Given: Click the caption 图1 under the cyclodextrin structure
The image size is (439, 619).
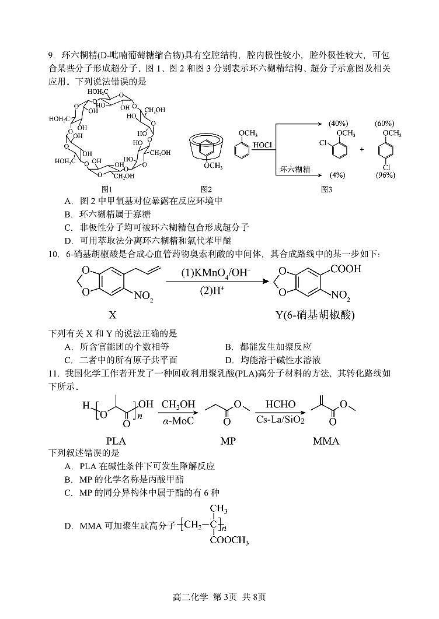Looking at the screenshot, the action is coord(106,189).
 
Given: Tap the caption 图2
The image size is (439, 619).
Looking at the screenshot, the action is coord(206,189).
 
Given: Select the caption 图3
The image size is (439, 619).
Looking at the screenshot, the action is coord(326,189).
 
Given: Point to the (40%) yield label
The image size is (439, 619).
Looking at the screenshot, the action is coord(338,124).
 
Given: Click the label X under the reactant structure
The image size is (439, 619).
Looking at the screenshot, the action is coord(113,315).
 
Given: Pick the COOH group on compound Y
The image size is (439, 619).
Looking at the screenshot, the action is coord(346,269).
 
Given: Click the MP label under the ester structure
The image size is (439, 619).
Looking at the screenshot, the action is coord(228,441).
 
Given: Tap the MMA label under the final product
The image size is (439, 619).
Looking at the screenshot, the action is coord(326,441).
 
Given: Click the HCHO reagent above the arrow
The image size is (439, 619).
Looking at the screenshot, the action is coord(280,404).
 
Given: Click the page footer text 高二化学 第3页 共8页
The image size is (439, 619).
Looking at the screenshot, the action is coord(219,596).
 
